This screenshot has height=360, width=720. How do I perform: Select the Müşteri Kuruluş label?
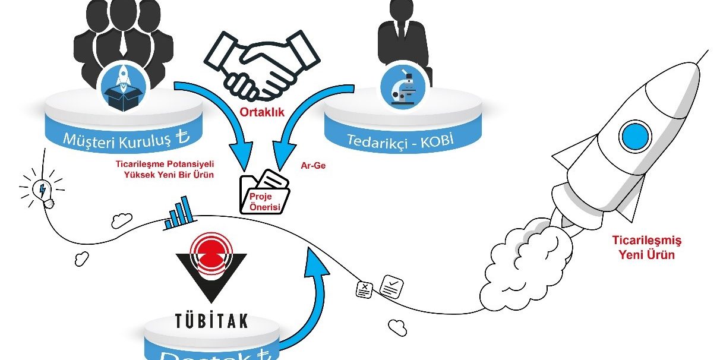[125, 141]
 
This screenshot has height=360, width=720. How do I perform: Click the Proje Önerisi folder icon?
[265, 191]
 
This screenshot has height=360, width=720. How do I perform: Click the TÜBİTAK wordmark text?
[211, 321]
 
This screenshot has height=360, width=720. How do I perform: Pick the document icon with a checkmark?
[393, 286]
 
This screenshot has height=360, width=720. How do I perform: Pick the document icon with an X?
[364, 289]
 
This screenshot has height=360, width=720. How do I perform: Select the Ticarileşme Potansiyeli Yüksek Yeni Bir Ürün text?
[166, 170]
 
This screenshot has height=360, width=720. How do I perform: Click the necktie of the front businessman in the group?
[123, 42]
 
